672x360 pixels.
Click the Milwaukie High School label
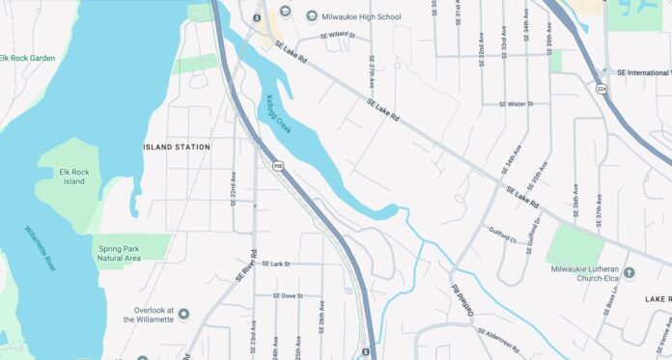[x=363, y=15]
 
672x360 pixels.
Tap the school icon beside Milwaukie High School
[x=312, y=15]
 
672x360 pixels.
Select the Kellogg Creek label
[x=277, y=114]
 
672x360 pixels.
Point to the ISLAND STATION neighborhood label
[x=176, y=147]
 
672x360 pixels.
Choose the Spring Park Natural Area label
[x=129, y=254]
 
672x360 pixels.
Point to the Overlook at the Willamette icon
[x=183, y=314]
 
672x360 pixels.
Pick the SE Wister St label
[x=517, y=103]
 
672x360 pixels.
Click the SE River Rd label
[x=246, y=266]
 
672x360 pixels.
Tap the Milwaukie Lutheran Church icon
[x=630, y=273]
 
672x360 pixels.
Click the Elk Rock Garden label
[x=28, y=58]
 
